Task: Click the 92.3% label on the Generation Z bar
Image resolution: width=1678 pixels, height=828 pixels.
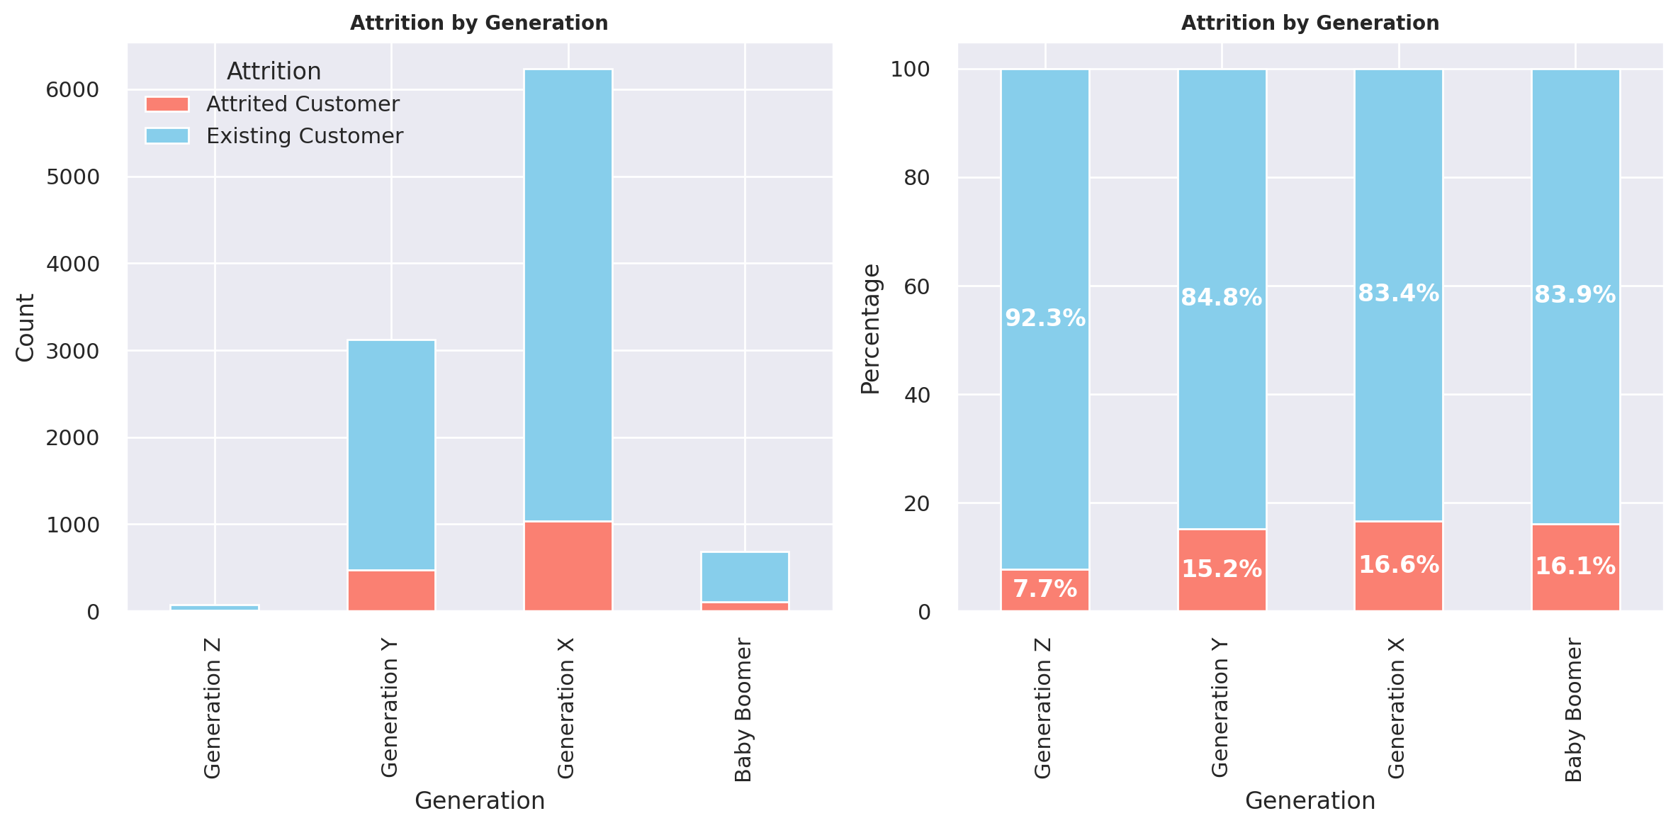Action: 1045,318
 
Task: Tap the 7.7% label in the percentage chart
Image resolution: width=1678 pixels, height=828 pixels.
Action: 1045,589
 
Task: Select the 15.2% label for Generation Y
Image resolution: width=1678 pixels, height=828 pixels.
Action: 1222,569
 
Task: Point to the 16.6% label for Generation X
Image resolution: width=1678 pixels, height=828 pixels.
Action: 1399,565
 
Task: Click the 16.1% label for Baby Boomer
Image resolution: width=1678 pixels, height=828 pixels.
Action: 1575,566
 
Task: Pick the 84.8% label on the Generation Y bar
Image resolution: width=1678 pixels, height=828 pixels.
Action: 1222,298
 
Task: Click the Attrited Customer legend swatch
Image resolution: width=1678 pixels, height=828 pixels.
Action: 167,104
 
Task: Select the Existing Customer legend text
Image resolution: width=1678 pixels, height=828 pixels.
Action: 305,136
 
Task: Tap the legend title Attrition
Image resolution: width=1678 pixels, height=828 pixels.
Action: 274,72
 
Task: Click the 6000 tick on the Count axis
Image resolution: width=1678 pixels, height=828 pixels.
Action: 72,90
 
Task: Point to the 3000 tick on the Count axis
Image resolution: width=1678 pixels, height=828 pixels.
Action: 72,352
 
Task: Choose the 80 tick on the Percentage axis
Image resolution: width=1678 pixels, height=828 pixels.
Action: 917,178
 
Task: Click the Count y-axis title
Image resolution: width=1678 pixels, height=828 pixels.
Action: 26,328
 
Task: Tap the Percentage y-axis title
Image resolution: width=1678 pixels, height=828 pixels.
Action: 870,328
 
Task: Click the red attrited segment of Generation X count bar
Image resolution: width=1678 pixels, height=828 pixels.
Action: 568,566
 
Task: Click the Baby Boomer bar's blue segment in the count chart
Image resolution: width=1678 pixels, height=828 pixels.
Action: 745,577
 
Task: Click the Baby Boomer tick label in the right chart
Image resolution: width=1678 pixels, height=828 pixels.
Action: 1574,710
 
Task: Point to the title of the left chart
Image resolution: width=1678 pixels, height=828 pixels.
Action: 479,23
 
